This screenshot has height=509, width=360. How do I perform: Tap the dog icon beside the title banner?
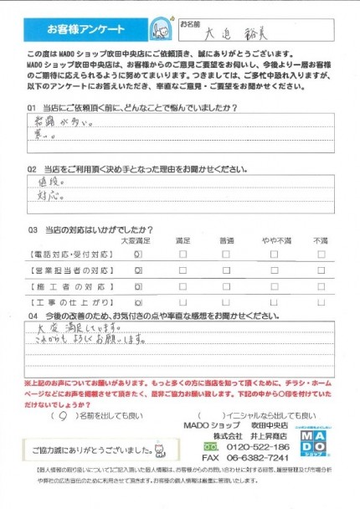pyautogui.click(x=155, y=28)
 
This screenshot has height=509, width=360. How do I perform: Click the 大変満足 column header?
pyautogui.click(x=137, y=240)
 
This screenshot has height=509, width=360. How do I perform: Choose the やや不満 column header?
pyautogui.click(x=276, y=240)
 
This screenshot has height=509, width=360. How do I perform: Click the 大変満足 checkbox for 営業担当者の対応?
pyautogui.click(x=138, y=271)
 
